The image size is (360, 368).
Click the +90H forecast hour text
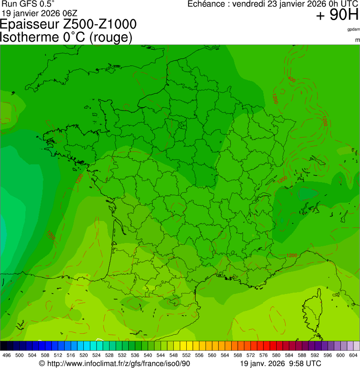(337, 15)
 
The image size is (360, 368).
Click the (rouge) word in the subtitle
(110, 37)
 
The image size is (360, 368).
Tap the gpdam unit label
(353, 29)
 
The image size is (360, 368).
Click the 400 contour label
(291, 79)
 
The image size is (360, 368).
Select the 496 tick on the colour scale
(7, 355)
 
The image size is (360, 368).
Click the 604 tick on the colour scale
(353, 355)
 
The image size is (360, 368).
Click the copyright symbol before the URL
(42, 363)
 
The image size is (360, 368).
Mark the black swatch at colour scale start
(3, 346)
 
